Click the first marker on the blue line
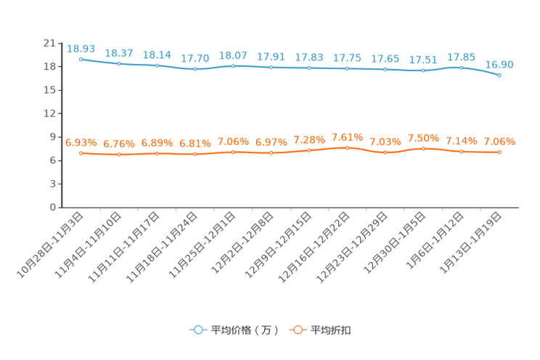click(x=81, y=59)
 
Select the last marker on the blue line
click(x=499, y=74)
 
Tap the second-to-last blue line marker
click(x=462, y=67)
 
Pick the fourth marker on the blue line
click(x=195, y=69)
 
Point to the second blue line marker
click(x=118, y=64)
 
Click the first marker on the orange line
click(x=81, y=153)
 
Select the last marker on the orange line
click(x=499, y=152)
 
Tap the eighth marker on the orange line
click(x=347, y=147)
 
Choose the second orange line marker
click(x=118, y=155)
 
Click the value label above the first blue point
click(x=81, y=49)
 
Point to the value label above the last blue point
click(x=499, y=64)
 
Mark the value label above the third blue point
click(x=157, y=54)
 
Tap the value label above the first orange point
click(x=81, y=142)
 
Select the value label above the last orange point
click(x=499, y=141)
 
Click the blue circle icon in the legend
click(x=197, y=330)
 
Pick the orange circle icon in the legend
click(x=296, y=330)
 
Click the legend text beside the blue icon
click(x=245, y=330)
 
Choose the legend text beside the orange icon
click(x=332, y=330)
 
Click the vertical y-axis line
click(x=60, y=123)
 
